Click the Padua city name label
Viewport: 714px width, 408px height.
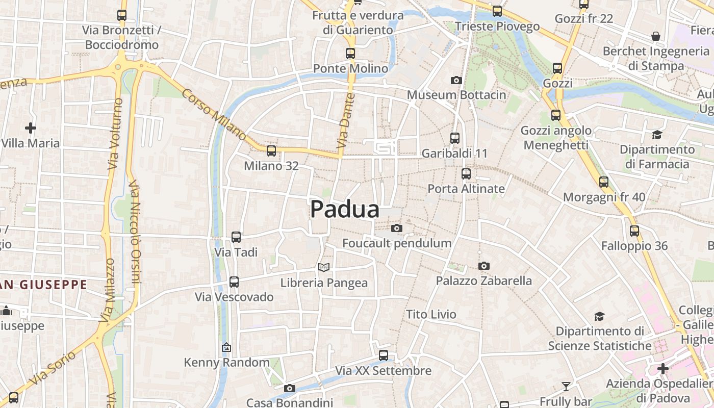pos(345,209)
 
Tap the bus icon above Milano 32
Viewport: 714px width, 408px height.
pos(271,150)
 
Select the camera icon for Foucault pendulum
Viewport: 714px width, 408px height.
pos(397,228)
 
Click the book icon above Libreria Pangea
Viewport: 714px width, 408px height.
pos(324,267)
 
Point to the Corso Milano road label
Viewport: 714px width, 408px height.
pos(214,115)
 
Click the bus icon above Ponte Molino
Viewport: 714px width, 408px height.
pos(350,53)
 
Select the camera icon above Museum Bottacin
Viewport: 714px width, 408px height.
pos(456,80)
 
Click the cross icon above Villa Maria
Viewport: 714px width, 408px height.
pos(31,127)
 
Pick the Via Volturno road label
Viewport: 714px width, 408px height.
pos(115,134)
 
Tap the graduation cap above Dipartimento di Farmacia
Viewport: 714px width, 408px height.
pos(657,135)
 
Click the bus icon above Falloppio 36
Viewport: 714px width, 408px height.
pos(634,231)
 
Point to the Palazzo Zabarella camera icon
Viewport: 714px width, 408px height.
pos(484,266)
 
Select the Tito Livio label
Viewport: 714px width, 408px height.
pos(431,314)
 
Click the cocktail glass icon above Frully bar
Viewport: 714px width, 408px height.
pos(566,386)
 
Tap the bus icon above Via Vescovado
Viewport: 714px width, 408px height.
pos(234,282)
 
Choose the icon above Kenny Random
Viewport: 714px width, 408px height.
pos(226,347)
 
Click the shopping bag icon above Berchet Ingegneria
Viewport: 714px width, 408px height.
pos(656,36)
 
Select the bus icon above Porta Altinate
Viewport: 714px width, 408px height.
pos(466,173)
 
